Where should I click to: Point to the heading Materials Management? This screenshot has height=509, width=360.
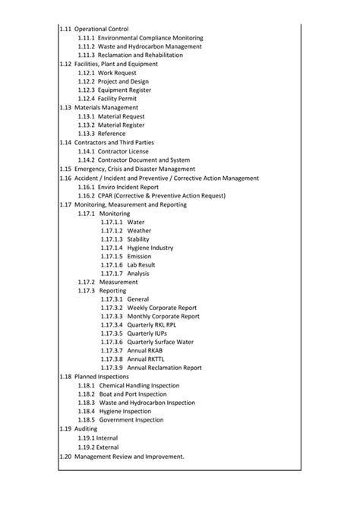click(x=106, y=107)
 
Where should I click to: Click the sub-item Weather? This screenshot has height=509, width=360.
click(x=139, y=230)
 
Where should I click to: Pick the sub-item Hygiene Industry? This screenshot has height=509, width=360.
click(x=150, y=248)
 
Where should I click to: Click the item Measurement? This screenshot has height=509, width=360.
click(x=118, y=282)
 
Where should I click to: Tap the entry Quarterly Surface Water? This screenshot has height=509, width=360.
click(x=161, y=342)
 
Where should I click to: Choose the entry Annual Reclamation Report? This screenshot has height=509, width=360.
click(x=165, y=368)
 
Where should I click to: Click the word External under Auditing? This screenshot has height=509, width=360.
click(x=107, y=447)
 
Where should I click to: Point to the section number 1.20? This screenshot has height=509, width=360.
click(x=65, y=457)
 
